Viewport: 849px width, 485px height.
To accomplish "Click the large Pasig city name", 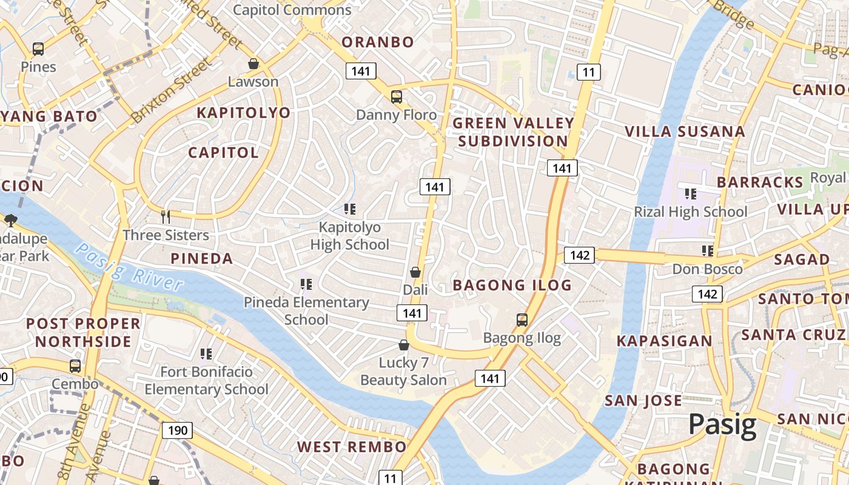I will tap(722, 425).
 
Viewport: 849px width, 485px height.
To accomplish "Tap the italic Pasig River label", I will tap(130, 267).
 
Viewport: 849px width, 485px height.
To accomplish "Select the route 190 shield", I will tap(177, 430).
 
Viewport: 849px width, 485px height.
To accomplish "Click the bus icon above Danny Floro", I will tap(396, 96).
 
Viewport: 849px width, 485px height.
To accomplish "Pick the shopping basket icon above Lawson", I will tap(253, 64).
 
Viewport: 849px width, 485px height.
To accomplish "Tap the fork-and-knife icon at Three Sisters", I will tap(166, 216).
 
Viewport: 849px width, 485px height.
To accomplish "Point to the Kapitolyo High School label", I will tap(350, 236).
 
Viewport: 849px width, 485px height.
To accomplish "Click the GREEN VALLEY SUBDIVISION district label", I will tap(513, 132).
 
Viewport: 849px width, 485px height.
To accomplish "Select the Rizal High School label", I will tap(690, 212).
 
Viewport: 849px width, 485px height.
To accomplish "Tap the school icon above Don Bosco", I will tap(707, 250).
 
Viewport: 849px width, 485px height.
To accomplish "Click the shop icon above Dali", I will tap(415, 272).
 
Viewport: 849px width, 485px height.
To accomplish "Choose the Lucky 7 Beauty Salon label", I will tap(403, 372).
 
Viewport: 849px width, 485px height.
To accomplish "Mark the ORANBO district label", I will tap(378, 42).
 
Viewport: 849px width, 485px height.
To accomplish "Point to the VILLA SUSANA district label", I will tap(685, 132).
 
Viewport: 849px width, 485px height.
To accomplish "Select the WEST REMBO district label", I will tap(352, 447).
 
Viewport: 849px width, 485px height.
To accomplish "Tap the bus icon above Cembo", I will tap(75, 366).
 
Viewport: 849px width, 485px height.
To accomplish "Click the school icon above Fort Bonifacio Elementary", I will tap(206, 353).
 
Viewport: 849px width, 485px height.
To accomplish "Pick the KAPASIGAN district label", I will tap(665, 341).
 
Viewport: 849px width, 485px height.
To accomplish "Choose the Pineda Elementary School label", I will tap(306, 310).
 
